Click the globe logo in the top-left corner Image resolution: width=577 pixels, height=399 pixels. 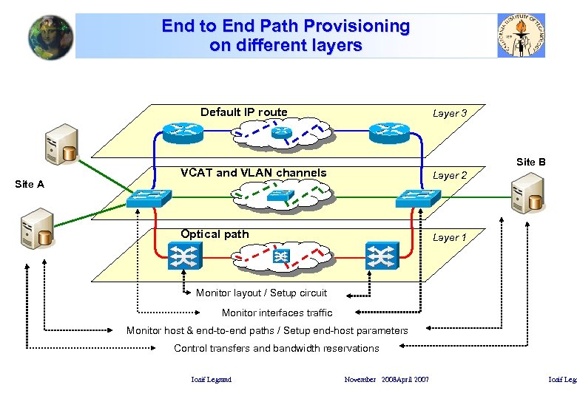[x=51, y=37]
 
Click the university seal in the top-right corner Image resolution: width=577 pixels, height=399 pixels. [x=522, y=35]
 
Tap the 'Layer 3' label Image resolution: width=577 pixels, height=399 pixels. [x=449, y=114]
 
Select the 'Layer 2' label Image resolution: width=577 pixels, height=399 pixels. [x=449, y=176]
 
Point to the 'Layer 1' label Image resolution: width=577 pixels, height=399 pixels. [x=449, y=238]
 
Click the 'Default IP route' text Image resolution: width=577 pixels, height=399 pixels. [x=243, y=112]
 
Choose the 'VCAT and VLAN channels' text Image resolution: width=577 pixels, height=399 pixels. [x=253, y=173]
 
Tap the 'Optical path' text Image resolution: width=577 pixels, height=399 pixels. [x=215, y=234]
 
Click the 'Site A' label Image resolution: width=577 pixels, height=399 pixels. [x=30, y=184]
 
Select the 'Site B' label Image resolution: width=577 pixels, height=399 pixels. [x=530, y=162]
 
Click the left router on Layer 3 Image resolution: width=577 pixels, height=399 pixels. [x=178, y=132]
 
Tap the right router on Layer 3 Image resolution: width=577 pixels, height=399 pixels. [x=389, y=132]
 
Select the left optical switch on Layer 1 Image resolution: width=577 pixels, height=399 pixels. [x=181, y=256]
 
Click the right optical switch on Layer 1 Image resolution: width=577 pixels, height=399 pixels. [x=382, y=256]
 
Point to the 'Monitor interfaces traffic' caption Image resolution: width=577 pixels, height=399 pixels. [x=277, y=313]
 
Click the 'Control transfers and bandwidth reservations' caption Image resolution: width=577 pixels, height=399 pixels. [x=276, y=349]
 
